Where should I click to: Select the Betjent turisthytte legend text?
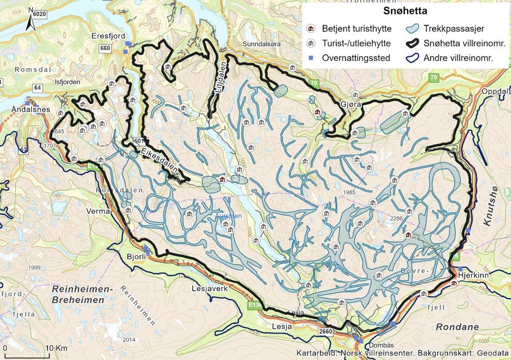[x=356, y=29]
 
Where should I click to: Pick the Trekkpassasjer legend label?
[x=454, y=29]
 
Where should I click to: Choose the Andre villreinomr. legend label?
[x=458, y=58]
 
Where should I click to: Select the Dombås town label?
[x=379, y=343]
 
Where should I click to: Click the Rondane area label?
[x=457, y=327]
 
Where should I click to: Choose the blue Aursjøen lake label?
[x=229, y=216]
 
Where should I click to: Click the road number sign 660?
[x=105, y=48]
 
